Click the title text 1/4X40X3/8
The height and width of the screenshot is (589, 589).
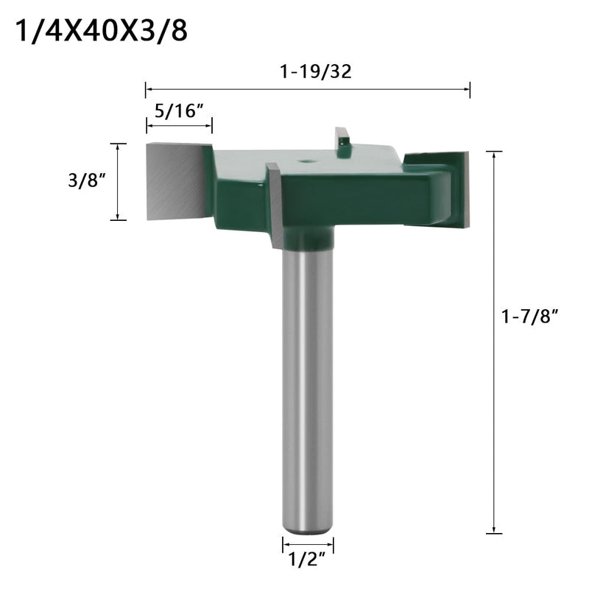click(104, 32)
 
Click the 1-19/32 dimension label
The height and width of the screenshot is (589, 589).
click(307, 73)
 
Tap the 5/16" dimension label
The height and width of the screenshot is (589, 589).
click(179, 113)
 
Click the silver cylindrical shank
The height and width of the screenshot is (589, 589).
click(308, 383)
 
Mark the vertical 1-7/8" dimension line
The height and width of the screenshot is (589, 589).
click(494, 342)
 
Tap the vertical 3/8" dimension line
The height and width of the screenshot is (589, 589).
click(118, 182)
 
